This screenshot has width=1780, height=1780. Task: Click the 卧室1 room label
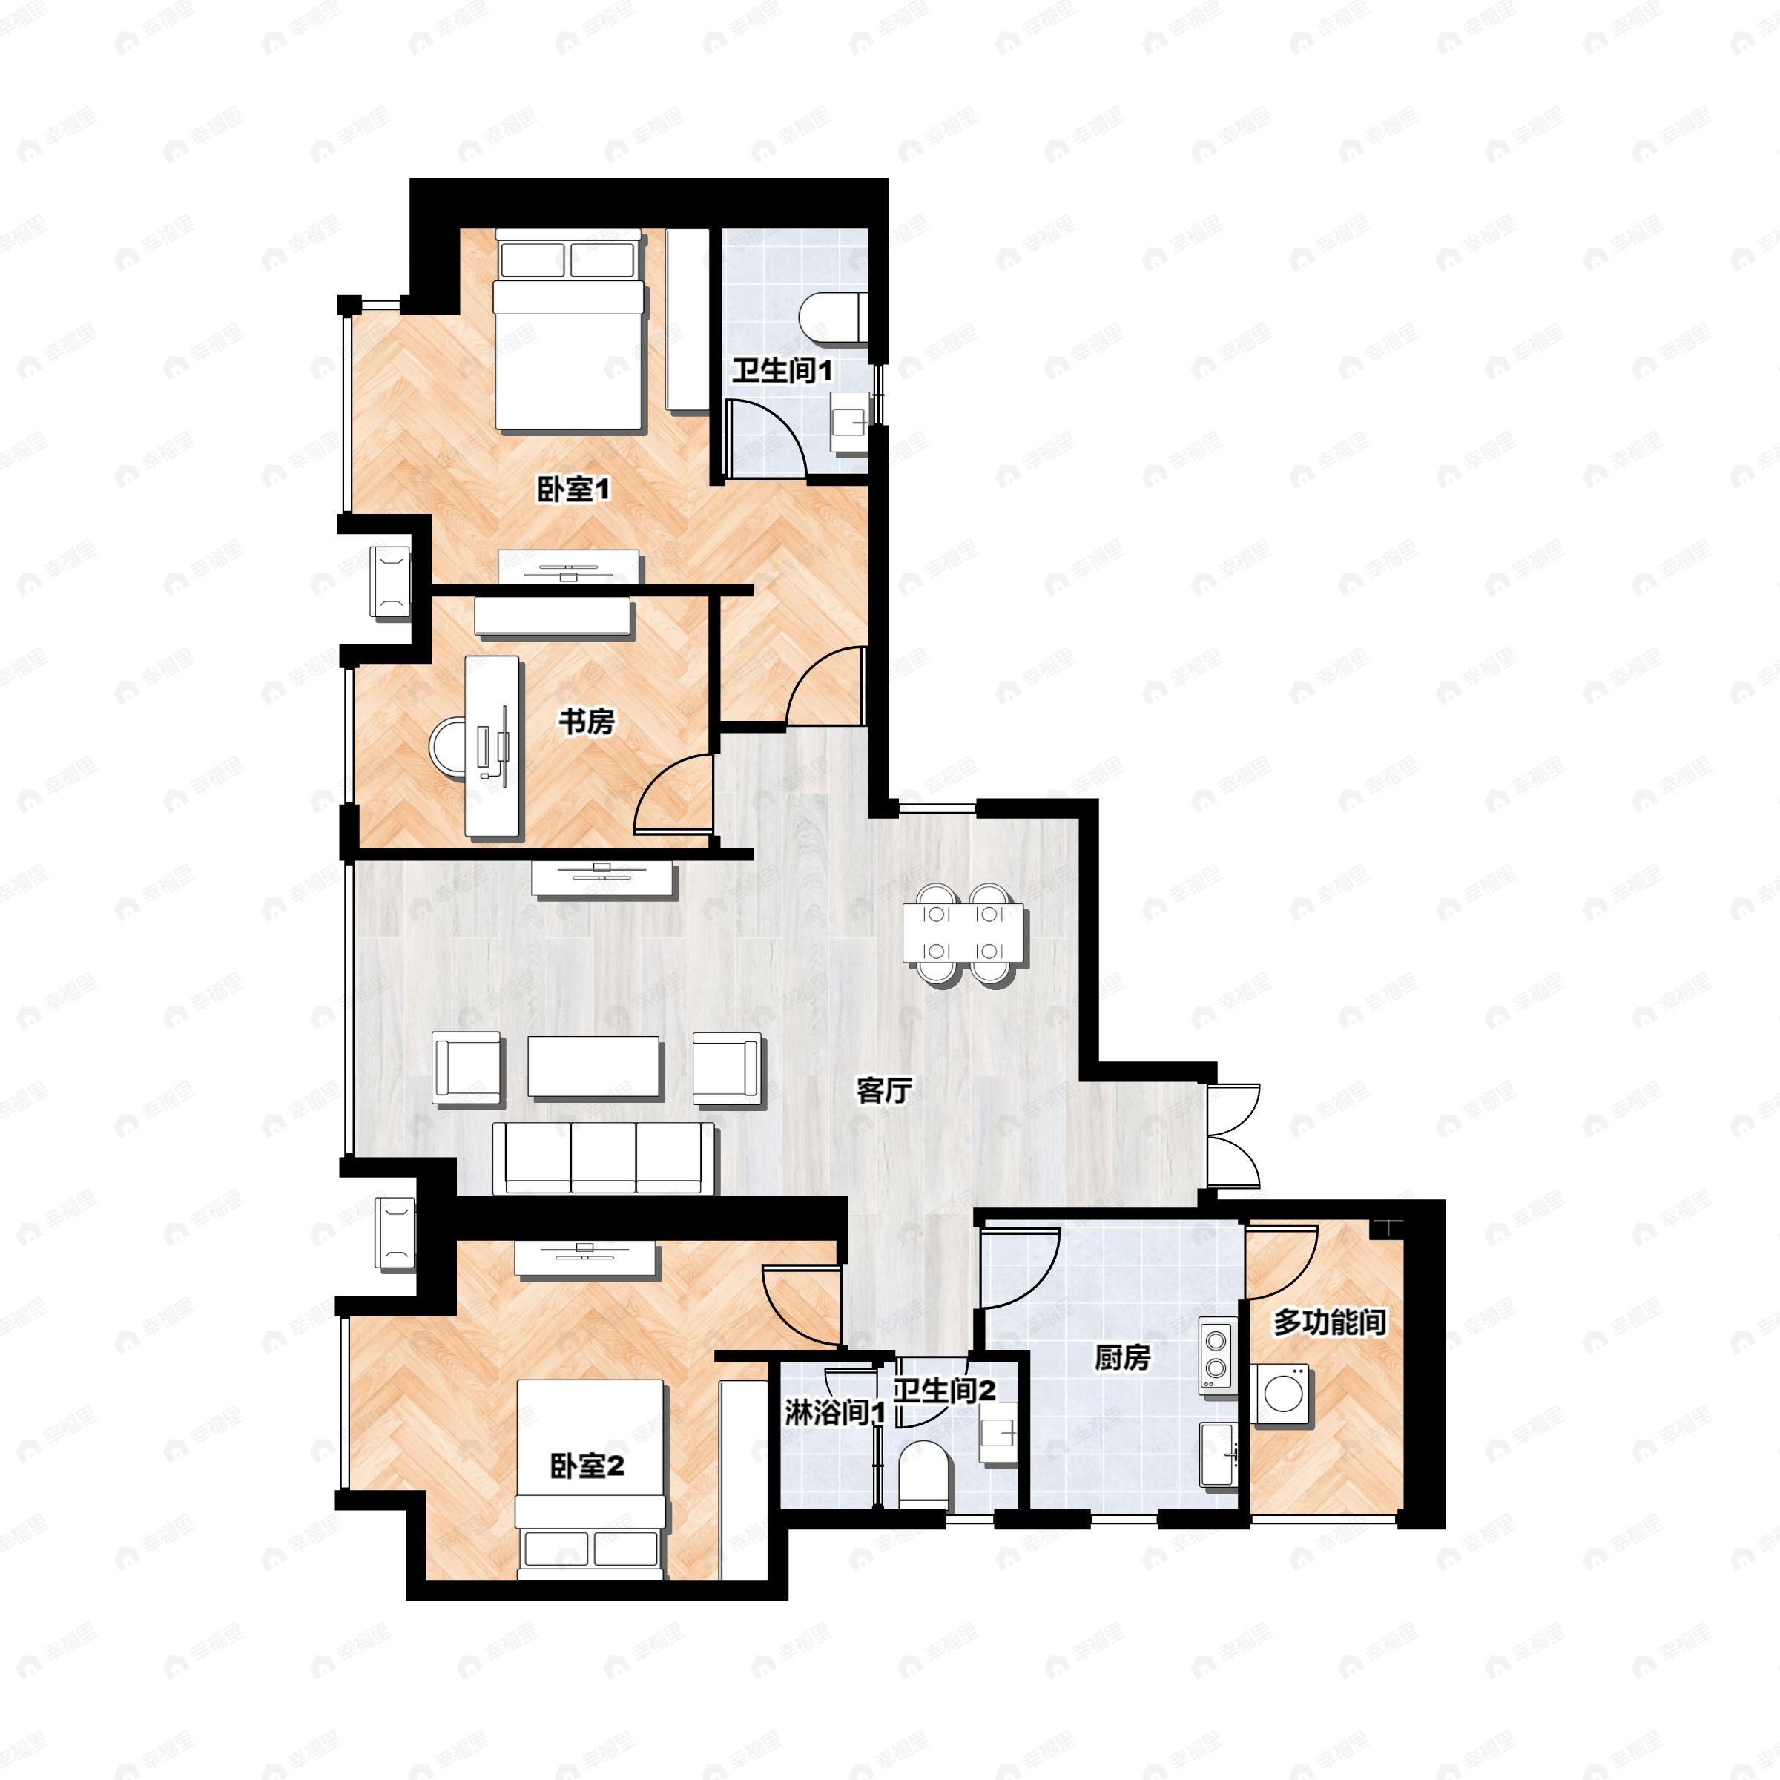[x=574, y=489]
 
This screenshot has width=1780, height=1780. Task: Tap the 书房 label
[x=586, y=722]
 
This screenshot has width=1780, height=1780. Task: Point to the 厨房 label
[x=1122, y=1357]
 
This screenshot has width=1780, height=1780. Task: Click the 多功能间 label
[x=1330, y=1323]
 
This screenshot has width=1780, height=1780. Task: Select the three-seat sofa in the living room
[x=604, y=1158]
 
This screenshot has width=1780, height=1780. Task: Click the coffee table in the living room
[x=593, y=1067]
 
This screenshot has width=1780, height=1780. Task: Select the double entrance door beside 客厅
[x=1231, y=1135]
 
